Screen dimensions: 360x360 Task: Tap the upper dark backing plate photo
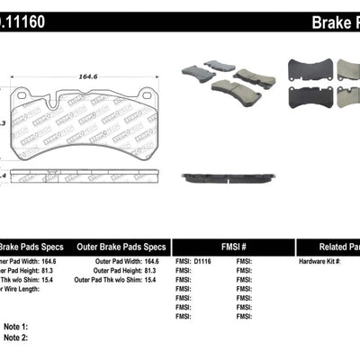(307, 71)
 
